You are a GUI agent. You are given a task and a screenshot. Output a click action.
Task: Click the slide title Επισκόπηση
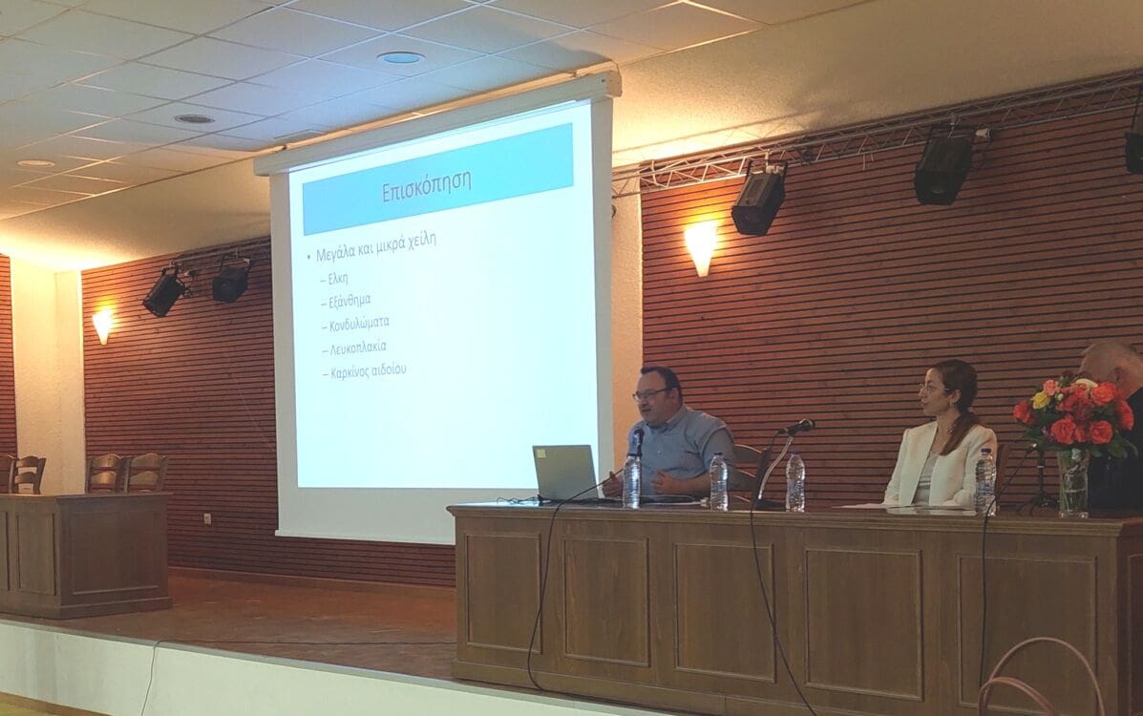(x=427, y=187)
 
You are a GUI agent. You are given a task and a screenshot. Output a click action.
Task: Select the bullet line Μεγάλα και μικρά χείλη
(x=376, y=246)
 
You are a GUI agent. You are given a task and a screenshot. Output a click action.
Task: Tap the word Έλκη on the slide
(x=337, y=279)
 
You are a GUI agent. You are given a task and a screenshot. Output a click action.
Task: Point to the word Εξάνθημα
(x=349, y=300)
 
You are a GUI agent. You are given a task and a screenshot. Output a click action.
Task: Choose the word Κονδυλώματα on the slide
(x=359, y=323)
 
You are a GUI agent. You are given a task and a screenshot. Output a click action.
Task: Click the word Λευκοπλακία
(x=358, y=347)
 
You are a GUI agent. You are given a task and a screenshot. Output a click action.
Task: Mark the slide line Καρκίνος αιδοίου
(x=369, y=371)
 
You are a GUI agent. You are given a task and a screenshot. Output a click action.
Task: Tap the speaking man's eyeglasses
(x=649, y=394)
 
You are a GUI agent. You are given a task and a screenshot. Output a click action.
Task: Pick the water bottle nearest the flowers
(x=984, y=482)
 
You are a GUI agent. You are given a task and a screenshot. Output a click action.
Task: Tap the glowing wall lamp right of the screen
(x=701, y=247)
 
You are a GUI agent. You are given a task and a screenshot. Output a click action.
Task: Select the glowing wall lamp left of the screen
(x=103, y=325)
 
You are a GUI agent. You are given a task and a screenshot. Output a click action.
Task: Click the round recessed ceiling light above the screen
(x=400, y=57)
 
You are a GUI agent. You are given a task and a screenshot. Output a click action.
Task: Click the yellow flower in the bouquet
(x=1041, y=400)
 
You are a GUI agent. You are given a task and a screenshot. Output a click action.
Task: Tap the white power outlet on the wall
(x=208, y=519)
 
